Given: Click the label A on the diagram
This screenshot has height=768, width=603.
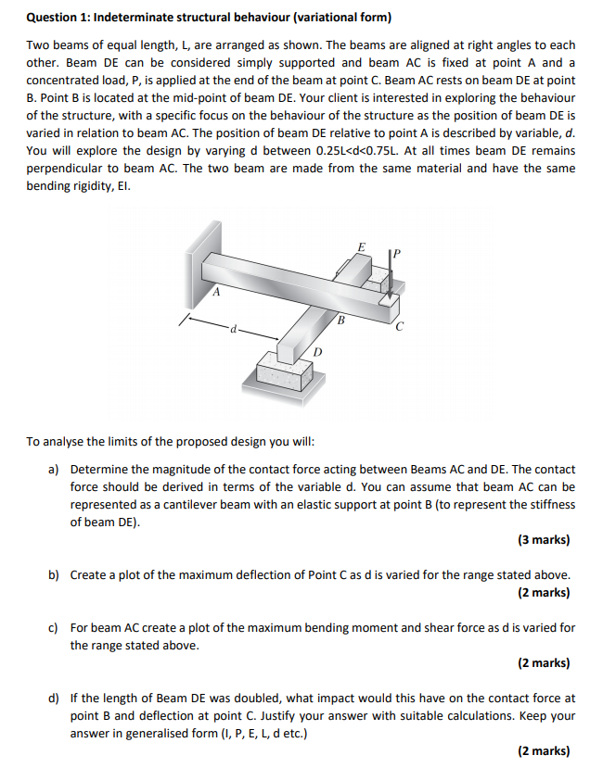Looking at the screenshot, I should click(x=216, y=293).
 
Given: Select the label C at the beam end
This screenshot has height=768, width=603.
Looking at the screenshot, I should click(x=400, y=326).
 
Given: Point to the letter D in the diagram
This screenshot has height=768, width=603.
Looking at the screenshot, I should click(x=317, y=353).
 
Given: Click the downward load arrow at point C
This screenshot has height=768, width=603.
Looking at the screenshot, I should click(x=392, y=274).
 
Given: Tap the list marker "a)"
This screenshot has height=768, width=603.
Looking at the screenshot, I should click(x=55, y=470).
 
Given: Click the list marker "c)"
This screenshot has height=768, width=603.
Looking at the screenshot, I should click(x=55, y=627).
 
